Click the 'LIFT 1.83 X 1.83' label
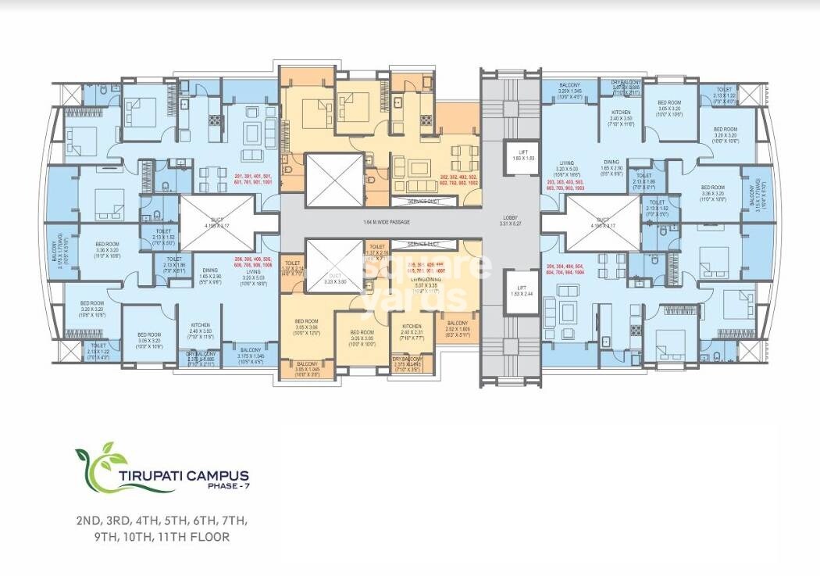click(x=518, y=155)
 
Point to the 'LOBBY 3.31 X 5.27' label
click(x=511, y=221)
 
